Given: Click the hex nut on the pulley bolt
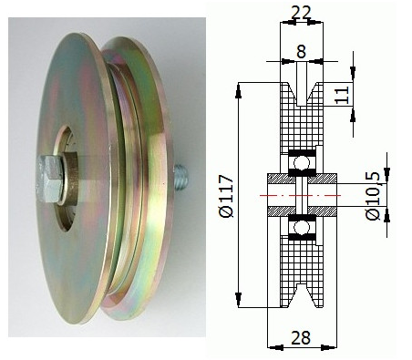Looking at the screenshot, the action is coord(49,179).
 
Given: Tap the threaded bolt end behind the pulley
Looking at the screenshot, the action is coord(181,175).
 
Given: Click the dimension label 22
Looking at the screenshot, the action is coord(301,13).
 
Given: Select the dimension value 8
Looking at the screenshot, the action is coord(301,51).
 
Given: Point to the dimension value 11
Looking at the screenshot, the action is coord(343,95).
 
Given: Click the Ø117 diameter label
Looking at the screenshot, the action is coord(227,196).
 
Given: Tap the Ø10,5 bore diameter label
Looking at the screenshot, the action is coord(372,196).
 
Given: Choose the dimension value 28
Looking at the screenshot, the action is coord(301,337).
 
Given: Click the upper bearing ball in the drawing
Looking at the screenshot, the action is coord(302,163).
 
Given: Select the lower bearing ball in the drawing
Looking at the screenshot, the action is coord(302,228).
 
